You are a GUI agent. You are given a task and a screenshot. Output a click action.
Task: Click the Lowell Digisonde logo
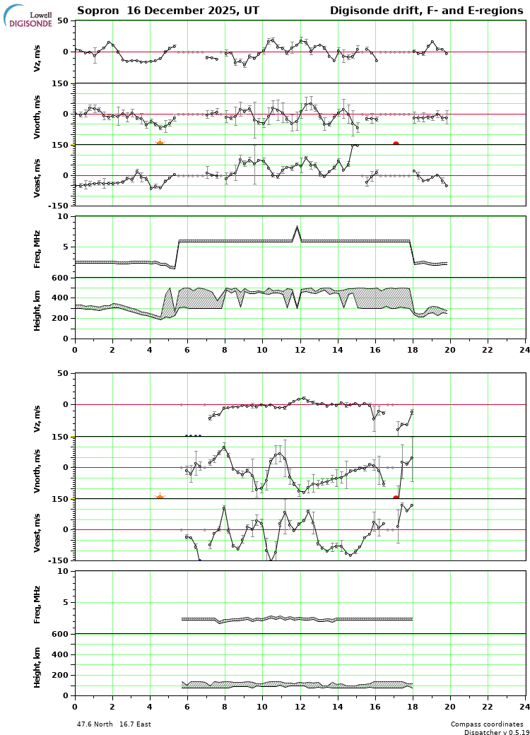(28, 16)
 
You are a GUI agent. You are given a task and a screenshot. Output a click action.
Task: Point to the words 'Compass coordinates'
(487, 724)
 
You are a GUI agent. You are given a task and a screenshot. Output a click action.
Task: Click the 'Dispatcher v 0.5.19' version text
(494, 732)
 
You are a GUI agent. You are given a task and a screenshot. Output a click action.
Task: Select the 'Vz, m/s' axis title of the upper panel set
(37, 56)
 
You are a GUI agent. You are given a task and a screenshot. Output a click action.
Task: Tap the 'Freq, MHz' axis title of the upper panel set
(37, 248)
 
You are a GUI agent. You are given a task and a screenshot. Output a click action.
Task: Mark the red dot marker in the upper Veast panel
(396, 144)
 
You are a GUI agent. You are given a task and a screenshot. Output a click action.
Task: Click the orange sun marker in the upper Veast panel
(160, 144)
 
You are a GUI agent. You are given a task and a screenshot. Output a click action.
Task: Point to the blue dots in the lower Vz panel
(193, 436)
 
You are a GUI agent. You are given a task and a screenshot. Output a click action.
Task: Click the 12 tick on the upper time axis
(300, 349)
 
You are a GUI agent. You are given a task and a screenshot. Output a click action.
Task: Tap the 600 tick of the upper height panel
(62, 278)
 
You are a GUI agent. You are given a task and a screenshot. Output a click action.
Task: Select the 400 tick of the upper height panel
(62, 298)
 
